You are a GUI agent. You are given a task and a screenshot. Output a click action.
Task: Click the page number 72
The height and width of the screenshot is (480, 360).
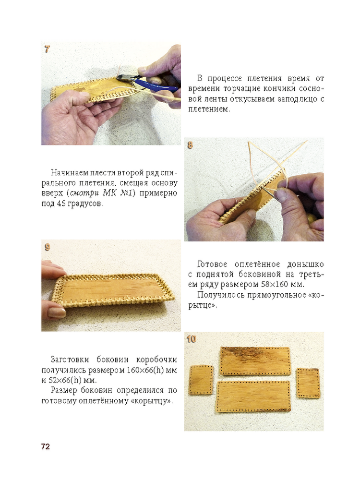click(45, 446)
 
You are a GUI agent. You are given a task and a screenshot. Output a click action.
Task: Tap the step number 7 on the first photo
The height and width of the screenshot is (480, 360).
click(47, 49)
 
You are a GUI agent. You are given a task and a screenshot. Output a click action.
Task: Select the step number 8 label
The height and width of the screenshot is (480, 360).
click(190, 144)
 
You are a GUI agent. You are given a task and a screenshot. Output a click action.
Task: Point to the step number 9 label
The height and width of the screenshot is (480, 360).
click(47, 247)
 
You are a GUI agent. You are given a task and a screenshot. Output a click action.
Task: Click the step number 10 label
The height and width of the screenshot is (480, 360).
click(192, 339)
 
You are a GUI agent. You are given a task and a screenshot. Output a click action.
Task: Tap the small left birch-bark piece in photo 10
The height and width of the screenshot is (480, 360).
click(202, 381)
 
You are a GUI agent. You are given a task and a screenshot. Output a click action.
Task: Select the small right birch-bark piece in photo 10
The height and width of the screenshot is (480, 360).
click(307, 383)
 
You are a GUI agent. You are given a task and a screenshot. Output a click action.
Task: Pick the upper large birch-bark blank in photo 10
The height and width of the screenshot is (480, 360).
click(255, 360)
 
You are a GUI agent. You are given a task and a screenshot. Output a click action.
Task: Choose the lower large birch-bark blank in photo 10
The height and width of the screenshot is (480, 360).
click(253, 396)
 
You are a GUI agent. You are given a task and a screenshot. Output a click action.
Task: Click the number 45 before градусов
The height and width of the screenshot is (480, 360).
click(61, 204)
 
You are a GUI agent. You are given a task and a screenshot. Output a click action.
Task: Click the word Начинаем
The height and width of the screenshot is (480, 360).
click(69, 172)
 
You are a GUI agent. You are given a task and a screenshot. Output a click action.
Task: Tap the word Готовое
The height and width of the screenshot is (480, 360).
click(212, 264)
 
